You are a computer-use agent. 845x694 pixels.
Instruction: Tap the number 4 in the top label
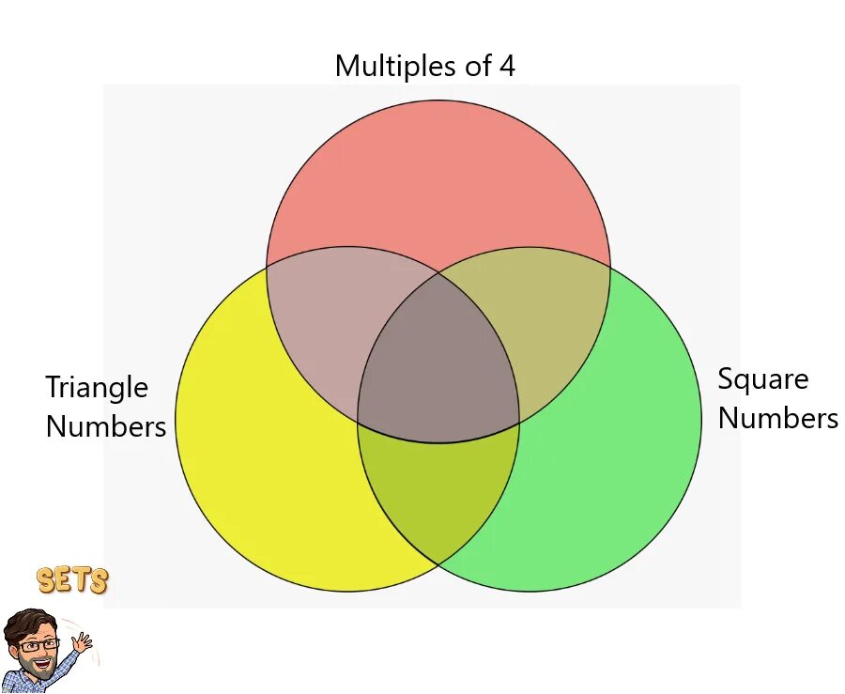point(506,66)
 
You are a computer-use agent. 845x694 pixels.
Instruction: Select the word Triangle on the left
point(97,388)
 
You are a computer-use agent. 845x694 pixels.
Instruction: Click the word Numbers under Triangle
point(105,426)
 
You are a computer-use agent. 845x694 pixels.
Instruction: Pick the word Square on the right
point(762,379)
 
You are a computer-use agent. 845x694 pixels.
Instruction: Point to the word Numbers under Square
point(777,418)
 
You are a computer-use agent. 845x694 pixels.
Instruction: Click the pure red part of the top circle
point(438,178)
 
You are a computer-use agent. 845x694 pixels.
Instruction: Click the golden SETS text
point(73,580)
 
